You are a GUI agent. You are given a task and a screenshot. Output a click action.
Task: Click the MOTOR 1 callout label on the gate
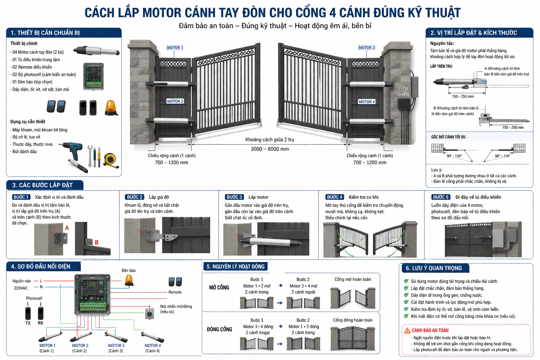[x=175, y=47]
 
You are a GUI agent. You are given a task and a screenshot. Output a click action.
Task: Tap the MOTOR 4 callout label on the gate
[x=367, y=102]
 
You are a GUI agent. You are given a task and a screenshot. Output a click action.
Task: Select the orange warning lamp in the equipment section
[x=111, y=108]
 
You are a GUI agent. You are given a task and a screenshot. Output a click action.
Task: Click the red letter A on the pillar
[x=67, y=228]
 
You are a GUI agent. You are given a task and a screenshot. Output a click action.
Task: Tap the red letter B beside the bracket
[x=97, y=242]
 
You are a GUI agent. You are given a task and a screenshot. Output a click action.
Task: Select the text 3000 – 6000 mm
[x=270, y=149]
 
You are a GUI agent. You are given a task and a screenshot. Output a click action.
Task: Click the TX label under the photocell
[x=28, y=323]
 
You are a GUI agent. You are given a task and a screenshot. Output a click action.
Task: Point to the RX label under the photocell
[x=40, y=323]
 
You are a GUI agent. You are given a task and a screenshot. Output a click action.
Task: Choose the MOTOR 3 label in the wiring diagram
[x=116, y=346]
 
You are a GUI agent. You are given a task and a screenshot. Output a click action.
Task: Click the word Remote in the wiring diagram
[x=175, y=292]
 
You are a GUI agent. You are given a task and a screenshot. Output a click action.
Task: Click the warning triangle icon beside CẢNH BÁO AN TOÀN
[x=407, y=330]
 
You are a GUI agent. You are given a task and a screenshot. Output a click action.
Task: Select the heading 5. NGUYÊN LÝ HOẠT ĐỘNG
[x=236, y=266]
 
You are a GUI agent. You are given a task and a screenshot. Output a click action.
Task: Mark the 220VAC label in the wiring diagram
[x=21, y=288]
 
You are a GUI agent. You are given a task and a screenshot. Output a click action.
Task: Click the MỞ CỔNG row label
[x=219, y=288]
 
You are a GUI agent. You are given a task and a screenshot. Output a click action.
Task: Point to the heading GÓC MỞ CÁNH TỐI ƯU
[x=448, y=137]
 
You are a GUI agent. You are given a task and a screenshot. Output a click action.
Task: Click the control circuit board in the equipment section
[x=94, y=76]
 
